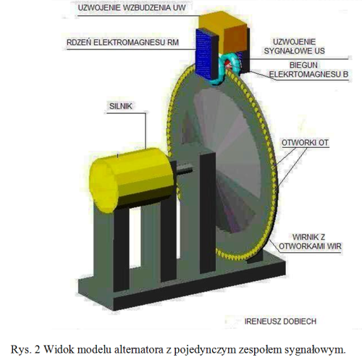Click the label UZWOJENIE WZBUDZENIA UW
132,7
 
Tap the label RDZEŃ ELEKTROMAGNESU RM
122,43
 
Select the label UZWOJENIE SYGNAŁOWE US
294,46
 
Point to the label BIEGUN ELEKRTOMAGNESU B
308,70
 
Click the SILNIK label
121,106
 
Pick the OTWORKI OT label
305,143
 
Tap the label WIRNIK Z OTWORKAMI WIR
310,242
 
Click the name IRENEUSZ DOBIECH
280,322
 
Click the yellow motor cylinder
132,180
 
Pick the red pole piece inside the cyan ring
228,64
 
